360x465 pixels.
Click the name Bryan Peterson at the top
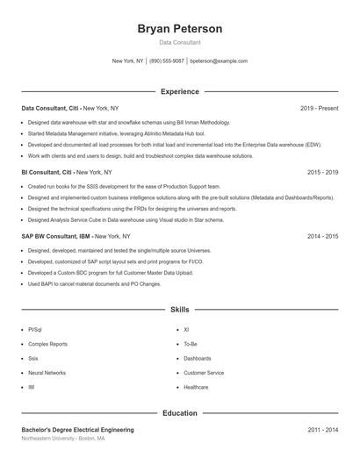click(x=179, y=29)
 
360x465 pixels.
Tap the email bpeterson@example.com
click(x=219, y=61)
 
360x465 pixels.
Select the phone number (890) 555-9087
click(x=167, y=61)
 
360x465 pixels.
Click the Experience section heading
click(x=179, y=91)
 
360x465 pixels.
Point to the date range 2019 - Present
click(x=319, y=109)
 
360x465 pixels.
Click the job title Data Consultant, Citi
click(x=50, y=109)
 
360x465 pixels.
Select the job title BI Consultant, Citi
click(x=47, y=173)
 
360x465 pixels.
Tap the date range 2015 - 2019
click(x=322, y=173)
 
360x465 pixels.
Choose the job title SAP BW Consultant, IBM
click(x=56, y=237)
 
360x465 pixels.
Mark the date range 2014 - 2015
click(x=322, y=237)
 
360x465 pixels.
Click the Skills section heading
click(x=179, y=310)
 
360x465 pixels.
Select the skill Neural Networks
click(x=47, y=373)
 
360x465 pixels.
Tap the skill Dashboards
click(x=198, y=359)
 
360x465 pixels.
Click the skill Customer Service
click(x=204, y=373)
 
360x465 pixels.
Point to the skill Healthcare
click(x=197, y=387)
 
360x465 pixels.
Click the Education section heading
click(x=179, y=412)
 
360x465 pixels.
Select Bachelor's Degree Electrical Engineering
click(x=77, y=430)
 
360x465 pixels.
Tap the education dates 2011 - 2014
click(x=322, y=430)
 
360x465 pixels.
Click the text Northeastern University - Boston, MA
click(x=63, y=438)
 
